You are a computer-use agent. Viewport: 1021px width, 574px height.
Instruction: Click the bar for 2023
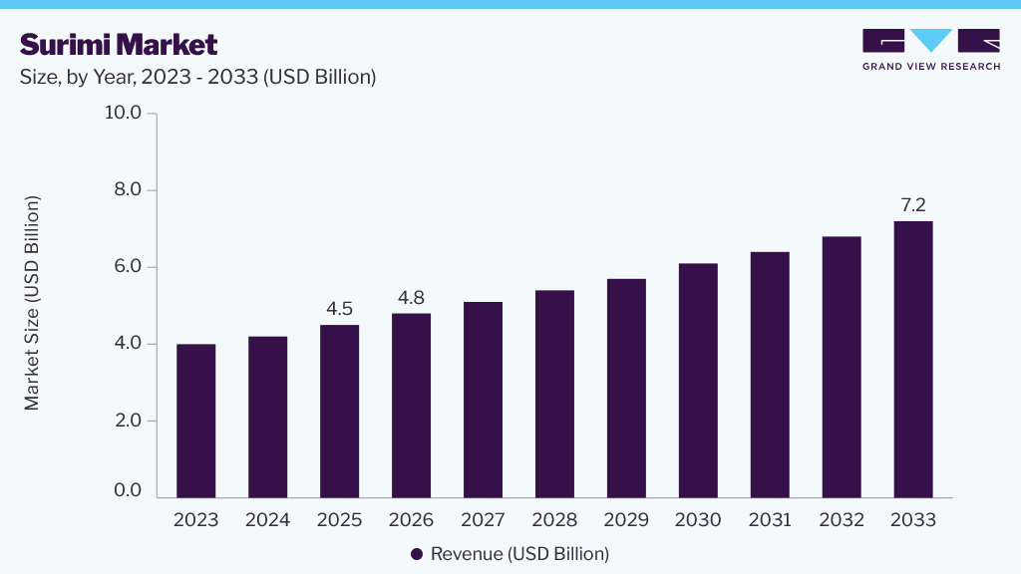[x=196, y=422]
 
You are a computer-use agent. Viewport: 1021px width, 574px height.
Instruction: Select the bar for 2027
[x=484, y=400]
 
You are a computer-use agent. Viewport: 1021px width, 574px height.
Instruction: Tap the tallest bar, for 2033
[x=913, y=359]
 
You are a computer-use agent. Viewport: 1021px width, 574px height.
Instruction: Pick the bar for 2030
[x=698, y=381]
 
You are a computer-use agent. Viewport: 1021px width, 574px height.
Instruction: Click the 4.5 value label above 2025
[x=339, y=309]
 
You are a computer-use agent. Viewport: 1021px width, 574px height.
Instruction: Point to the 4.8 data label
[x=411, y=297]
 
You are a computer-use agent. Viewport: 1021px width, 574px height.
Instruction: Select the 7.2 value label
[x=913, y=205]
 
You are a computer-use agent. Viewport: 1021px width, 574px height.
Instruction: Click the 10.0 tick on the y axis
[x=123, y=113]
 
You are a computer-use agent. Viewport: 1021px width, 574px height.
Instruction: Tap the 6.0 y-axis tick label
[x=128, y=266]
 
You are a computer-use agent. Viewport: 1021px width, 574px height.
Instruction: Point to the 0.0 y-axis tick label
[x=128, y=490]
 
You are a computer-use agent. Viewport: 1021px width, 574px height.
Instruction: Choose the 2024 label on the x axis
[x=267, y=519]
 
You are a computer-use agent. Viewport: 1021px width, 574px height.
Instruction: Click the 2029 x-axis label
[x=626, y=519]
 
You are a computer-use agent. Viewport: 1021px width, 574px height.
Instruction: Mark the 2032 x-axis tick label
[x=842, y=519]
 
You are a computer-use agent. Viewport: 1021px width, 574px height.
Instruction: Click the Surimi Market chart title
[x=119, y=45]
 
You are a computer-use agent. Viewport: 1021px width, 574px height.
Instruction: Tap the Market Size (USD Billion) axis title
[x=31, y=303]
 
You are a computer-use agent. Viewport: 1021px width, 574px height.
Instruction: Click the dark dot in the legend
[x=417, y=554]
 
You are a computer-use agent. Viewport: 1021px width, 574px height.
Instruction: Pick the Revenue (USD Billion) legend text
[x=520, y=554]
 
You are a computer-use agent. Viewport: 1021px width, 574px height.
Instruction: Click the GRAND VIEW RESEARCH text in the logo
[x=931, y=67]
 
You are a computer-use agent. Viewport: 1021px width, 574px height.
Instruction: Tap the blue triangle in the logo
[x=931, y=39]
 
